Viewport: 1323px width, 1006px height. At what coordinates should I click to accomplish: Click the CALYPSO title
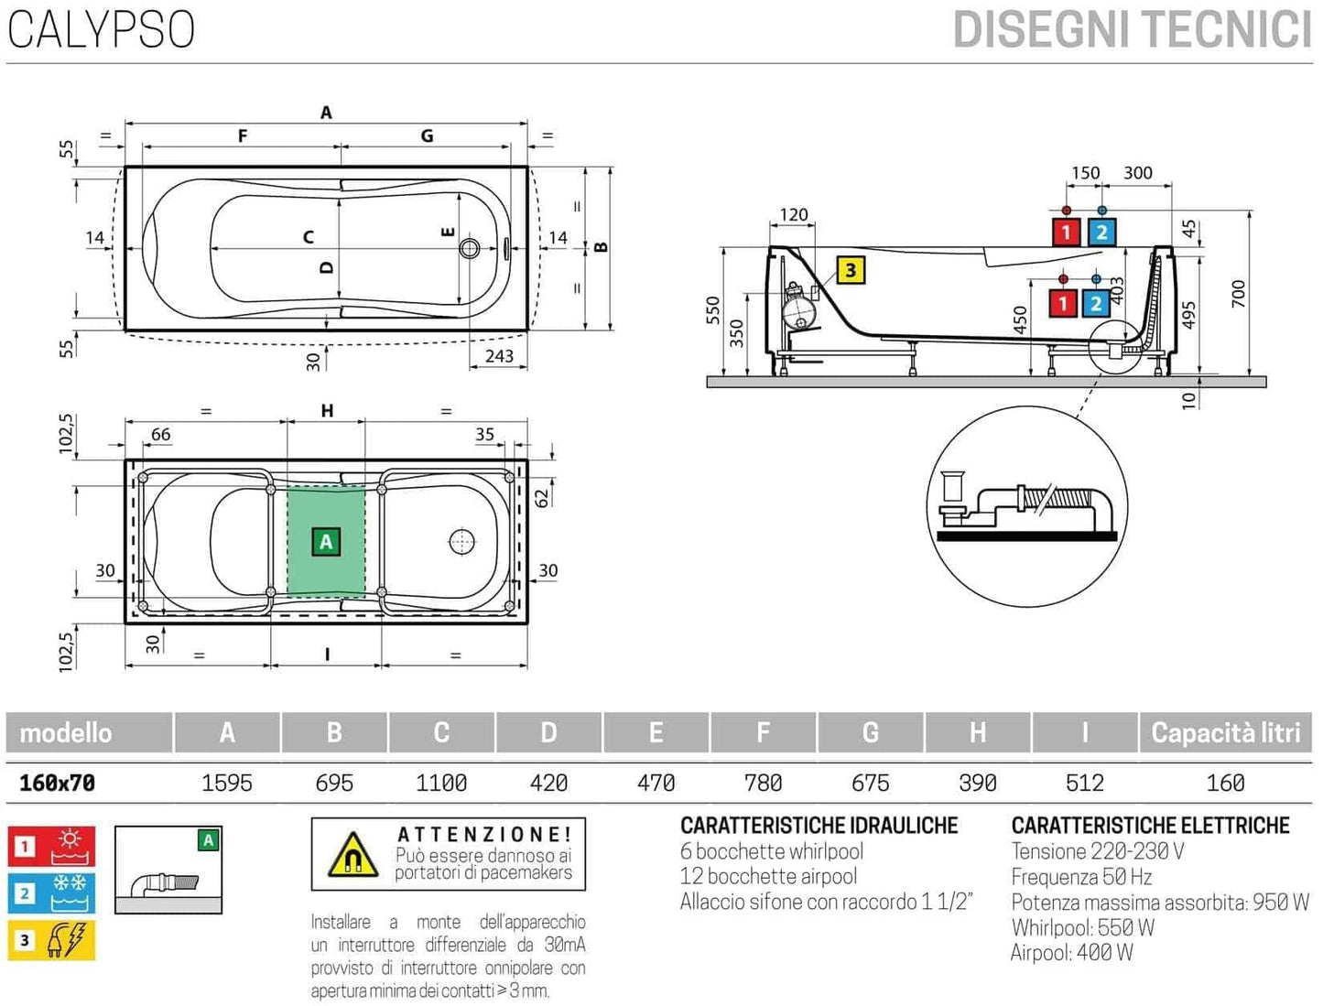coord(101,29)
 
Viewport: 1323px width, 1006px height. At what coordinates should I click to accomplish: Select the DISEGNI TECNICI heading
coord(1132,29)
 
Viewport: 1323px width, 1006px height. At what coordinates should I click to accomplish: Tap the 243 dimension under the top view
coord(499,355)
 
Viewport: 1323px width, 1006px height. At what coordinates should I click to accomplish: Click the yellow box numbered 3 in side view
coord(851,270)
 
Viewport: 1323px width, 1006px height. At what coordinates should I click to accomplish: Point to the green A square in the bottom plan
coord(326,542)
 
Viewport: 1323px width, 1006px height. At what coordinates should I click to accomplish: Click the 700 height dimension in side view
coord(1238,294)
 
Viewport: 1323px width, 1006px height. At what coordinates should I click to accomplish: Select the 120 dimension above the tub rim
coord(793,215)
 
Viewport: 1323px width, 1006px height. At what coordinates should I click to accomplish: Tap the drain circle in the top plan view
coord(470,247)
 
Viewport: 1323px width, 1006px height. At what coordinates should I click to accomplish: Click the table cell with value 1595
coord(227,783)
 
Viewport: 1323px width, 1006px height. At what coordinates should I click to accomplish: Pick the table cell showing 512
coord(1085,783)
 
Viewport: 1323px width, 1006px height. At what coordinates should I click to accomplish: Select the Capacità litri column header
coord(1225,732)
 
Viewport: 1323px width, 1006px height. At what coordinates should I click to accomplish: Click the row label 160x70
coord(58,783)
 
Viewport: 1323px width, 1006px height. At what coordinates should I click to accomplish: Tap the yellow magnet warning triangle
coord(352,855)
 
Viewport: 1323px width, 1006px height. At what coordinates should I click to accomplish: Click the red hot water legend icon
coord(52,846)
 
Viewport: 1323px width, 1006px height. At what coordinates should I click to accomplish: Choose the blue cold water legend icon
coord(52,893)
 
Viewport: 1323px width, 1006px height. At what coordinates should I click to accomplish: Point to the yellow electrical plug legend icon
coord(52,940)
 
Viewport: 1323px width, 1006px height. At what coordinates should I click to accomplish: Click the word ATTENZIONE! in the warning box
coord(484,834)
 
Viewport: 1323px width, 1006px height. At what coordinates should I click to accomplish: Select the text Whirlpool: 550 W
coord(1082,927)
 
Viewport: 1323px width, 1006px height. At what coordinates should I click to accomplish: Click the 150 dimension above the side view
coord(1085,173)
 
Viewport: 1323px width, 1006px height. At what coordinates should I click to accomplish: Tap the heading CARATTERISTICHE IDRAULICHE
coord(819,826)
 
